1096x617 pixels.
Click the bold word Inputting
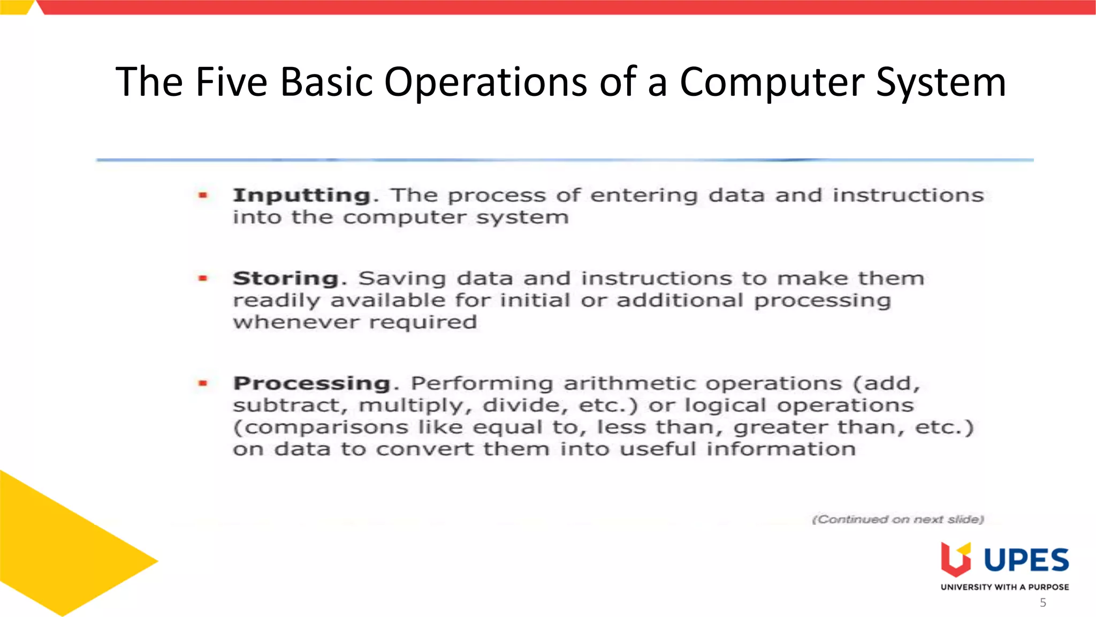(x=302, y=195)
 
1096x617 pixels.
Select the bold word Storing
(x=286, y=279)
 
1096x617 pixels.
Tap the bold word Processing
(x=312, y=383)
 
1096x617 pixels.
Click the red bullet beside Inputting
(x=203, y=195)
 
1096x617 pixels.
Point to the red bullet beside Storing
(x=203, y=279)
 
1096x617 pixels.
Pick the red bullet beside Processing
(x=203, y=383)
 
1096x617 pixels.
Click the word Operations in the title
(x=485, y=82)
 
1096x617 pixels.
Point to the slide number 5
(x=1043, y=603)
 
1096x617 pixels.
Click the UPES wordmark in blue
(x=1026, y=560)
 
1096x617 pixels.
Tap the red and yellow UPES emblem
(x=956, y=559)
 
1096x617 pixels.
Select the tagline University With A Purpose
(x=1004, y=587)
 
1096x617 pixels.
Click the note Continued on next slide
(x=898, y=520)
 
